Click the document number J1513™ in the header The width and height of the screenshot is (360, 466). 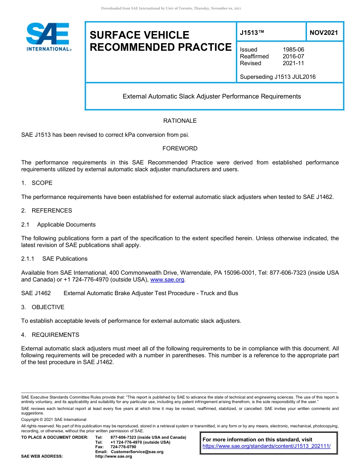[x=252, y=33]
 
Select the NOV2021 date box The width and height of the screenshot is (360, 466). [x=324, y=33]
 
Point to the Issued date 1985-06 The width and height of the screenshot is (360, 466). [x=293, y=50]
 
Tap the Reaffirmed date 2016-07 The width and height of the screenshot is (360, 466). [x=293, y=56]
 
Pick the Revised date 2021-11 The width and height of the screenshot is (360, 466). [x=293, y=63]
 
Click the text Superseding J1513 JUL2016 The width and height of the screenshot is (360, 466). [x=277, y=77]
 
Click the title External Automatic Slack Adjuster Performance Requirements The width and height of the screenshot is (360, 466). [x=211, y=97]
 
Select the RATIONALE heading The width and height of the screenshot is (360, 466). [x=180, y=121]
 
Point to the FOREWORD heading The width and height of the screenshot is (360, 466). [x=180, y=149]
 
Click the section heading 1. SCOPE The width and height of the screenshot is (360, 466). [x=37, y=183]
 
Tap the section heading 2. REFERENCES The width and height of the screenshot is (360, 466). [x=47, y=211]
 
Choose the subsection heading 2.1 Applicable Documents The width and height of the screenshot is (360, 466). [x=58, y=225]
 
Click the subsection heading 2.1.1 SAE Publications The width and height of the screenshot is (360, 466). [x=54, y=259]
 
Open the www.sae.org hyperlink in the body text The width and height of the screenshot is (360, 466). [x=167, y=280]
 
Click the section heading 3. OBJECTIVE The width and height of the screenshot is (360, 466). [x=43, y=307]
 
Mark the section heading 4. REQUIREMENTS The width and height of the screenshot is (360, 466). [x=50, y=335]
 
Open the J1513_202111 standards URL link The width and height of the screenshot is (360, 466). [x=266, y=446]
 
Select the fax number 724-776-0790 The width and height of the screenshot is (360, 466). [x=123, y=447]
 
